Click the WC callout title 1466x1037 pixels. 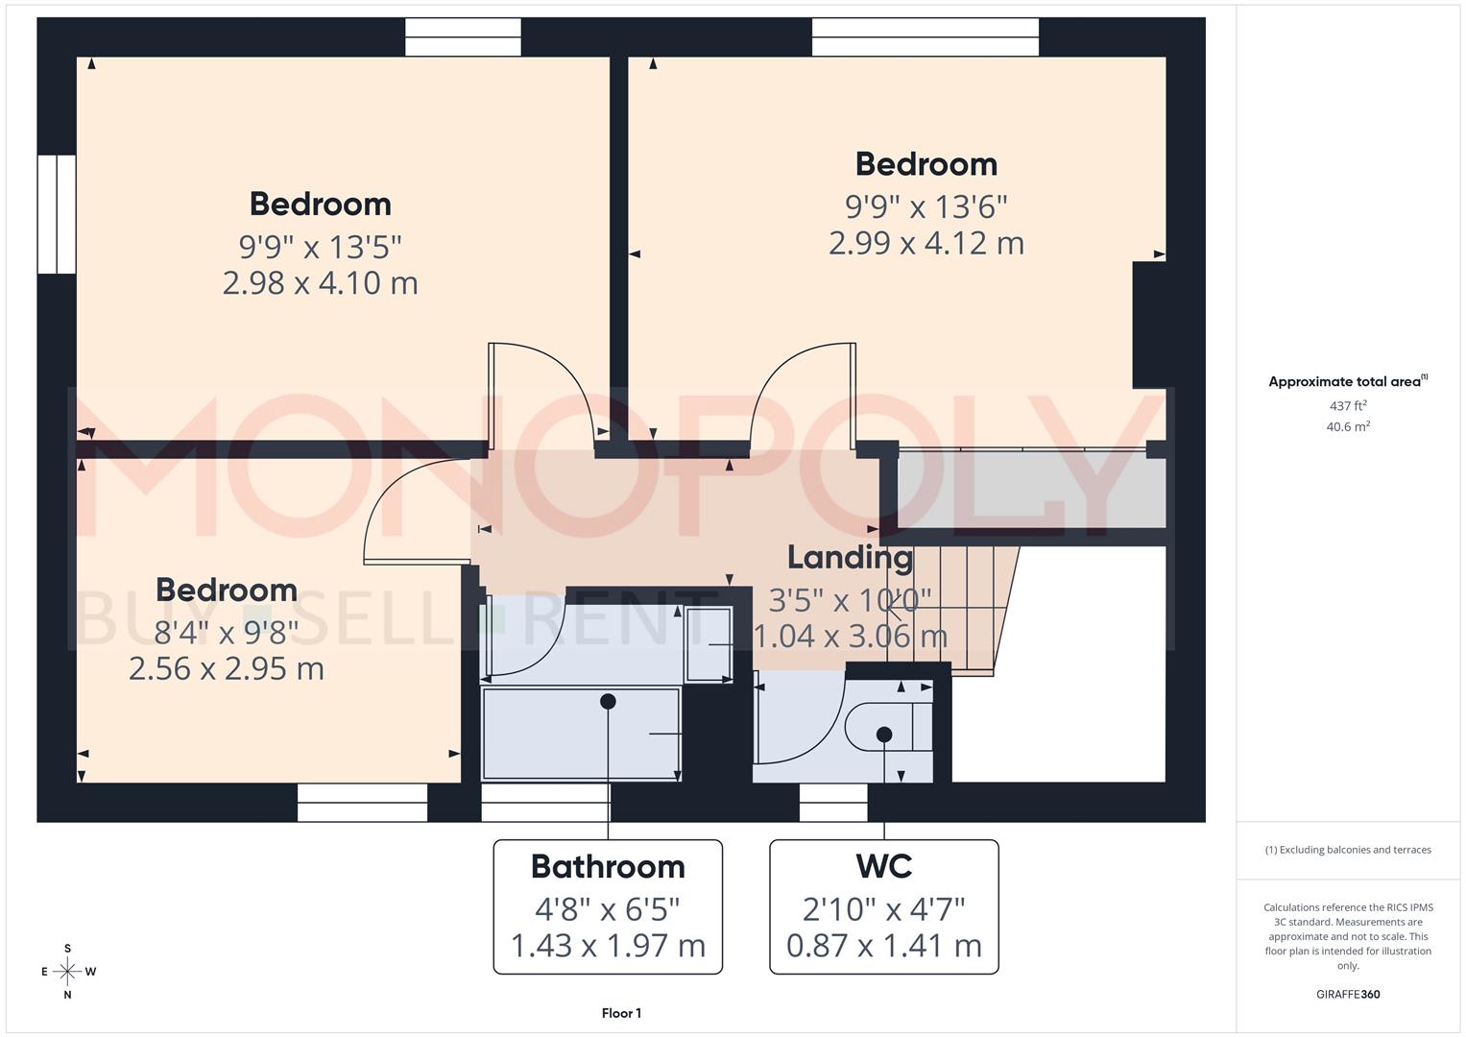point(883,866)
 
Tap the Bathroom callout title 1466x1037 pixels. point(608,866)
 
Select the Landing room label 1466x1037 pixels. point(850,557)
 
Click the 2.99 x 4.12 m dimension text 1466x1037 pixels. point(926,243)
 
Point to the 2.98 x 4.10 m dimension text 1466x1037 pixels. point(320,283)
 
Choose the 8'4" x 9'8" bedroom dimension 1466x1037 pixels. point(227,631)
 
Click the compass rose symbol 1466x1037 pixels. point(67,972)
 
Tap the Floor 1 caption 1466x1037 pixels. point(621,1013)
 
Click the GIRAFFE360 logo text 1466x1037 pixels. point(1348,994)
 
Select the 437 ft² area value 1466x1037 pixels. point(1348,406)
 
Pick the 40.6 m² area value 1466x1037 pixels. point(1348,427)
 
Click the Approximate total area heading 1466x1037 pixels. point(1348,381)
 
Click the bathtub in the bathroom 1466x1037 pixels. point(581,735)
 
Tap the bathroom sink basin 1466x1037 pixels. point(709,645)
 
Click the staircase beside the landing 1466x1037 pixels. point(950,605)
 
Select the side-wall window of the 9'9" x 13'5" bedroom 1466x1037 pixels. point(57,214)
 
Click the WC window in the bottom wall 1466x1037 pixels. point(833,803)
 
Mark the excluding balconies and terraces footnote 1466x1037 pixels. point(1348,850)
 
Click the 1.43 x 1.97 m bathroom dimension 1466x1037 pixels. point(608,946)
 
